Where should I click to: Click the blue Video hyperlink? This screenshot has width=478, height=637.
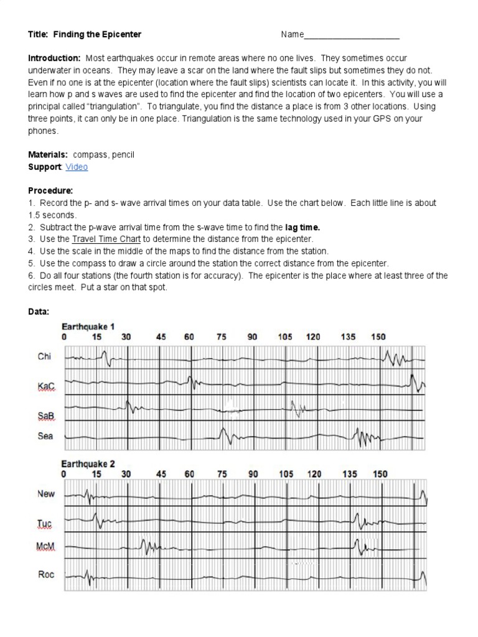click(x=77, y=167)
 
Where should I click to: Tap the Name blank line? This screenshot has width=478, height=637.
click(x=352, y=35)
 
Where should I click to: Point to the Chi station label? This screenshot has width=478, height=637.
click(x=44, y=356)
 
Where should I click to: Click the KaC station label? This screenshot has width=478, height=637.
click(x=46, y=386)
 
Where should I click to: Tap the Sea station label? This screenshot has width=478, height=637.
click(x=45, y=436)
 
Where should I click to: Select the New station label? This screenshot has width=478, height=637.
click(x=46, y=494)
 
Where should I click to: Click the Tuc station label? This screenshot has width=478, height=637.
click(x=45, y=524)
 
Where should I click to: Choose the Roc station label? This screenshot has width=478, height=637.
click(x=46, y=574)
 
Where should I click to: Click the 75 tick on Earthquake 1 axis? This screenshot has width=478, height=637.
click(x=222, y=337)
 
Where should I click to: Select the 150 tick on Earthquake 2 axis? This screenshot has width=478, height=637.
click(x=380, y=473)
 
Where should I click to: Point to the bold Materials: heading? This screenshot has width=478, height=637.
click(x=49, y=154)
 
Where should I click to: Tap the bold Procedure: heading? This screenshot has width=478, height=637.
click(x=50, y=190)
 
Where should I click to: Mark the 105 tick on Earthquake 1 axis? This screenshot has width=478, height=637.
click(x=285, y=337)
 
